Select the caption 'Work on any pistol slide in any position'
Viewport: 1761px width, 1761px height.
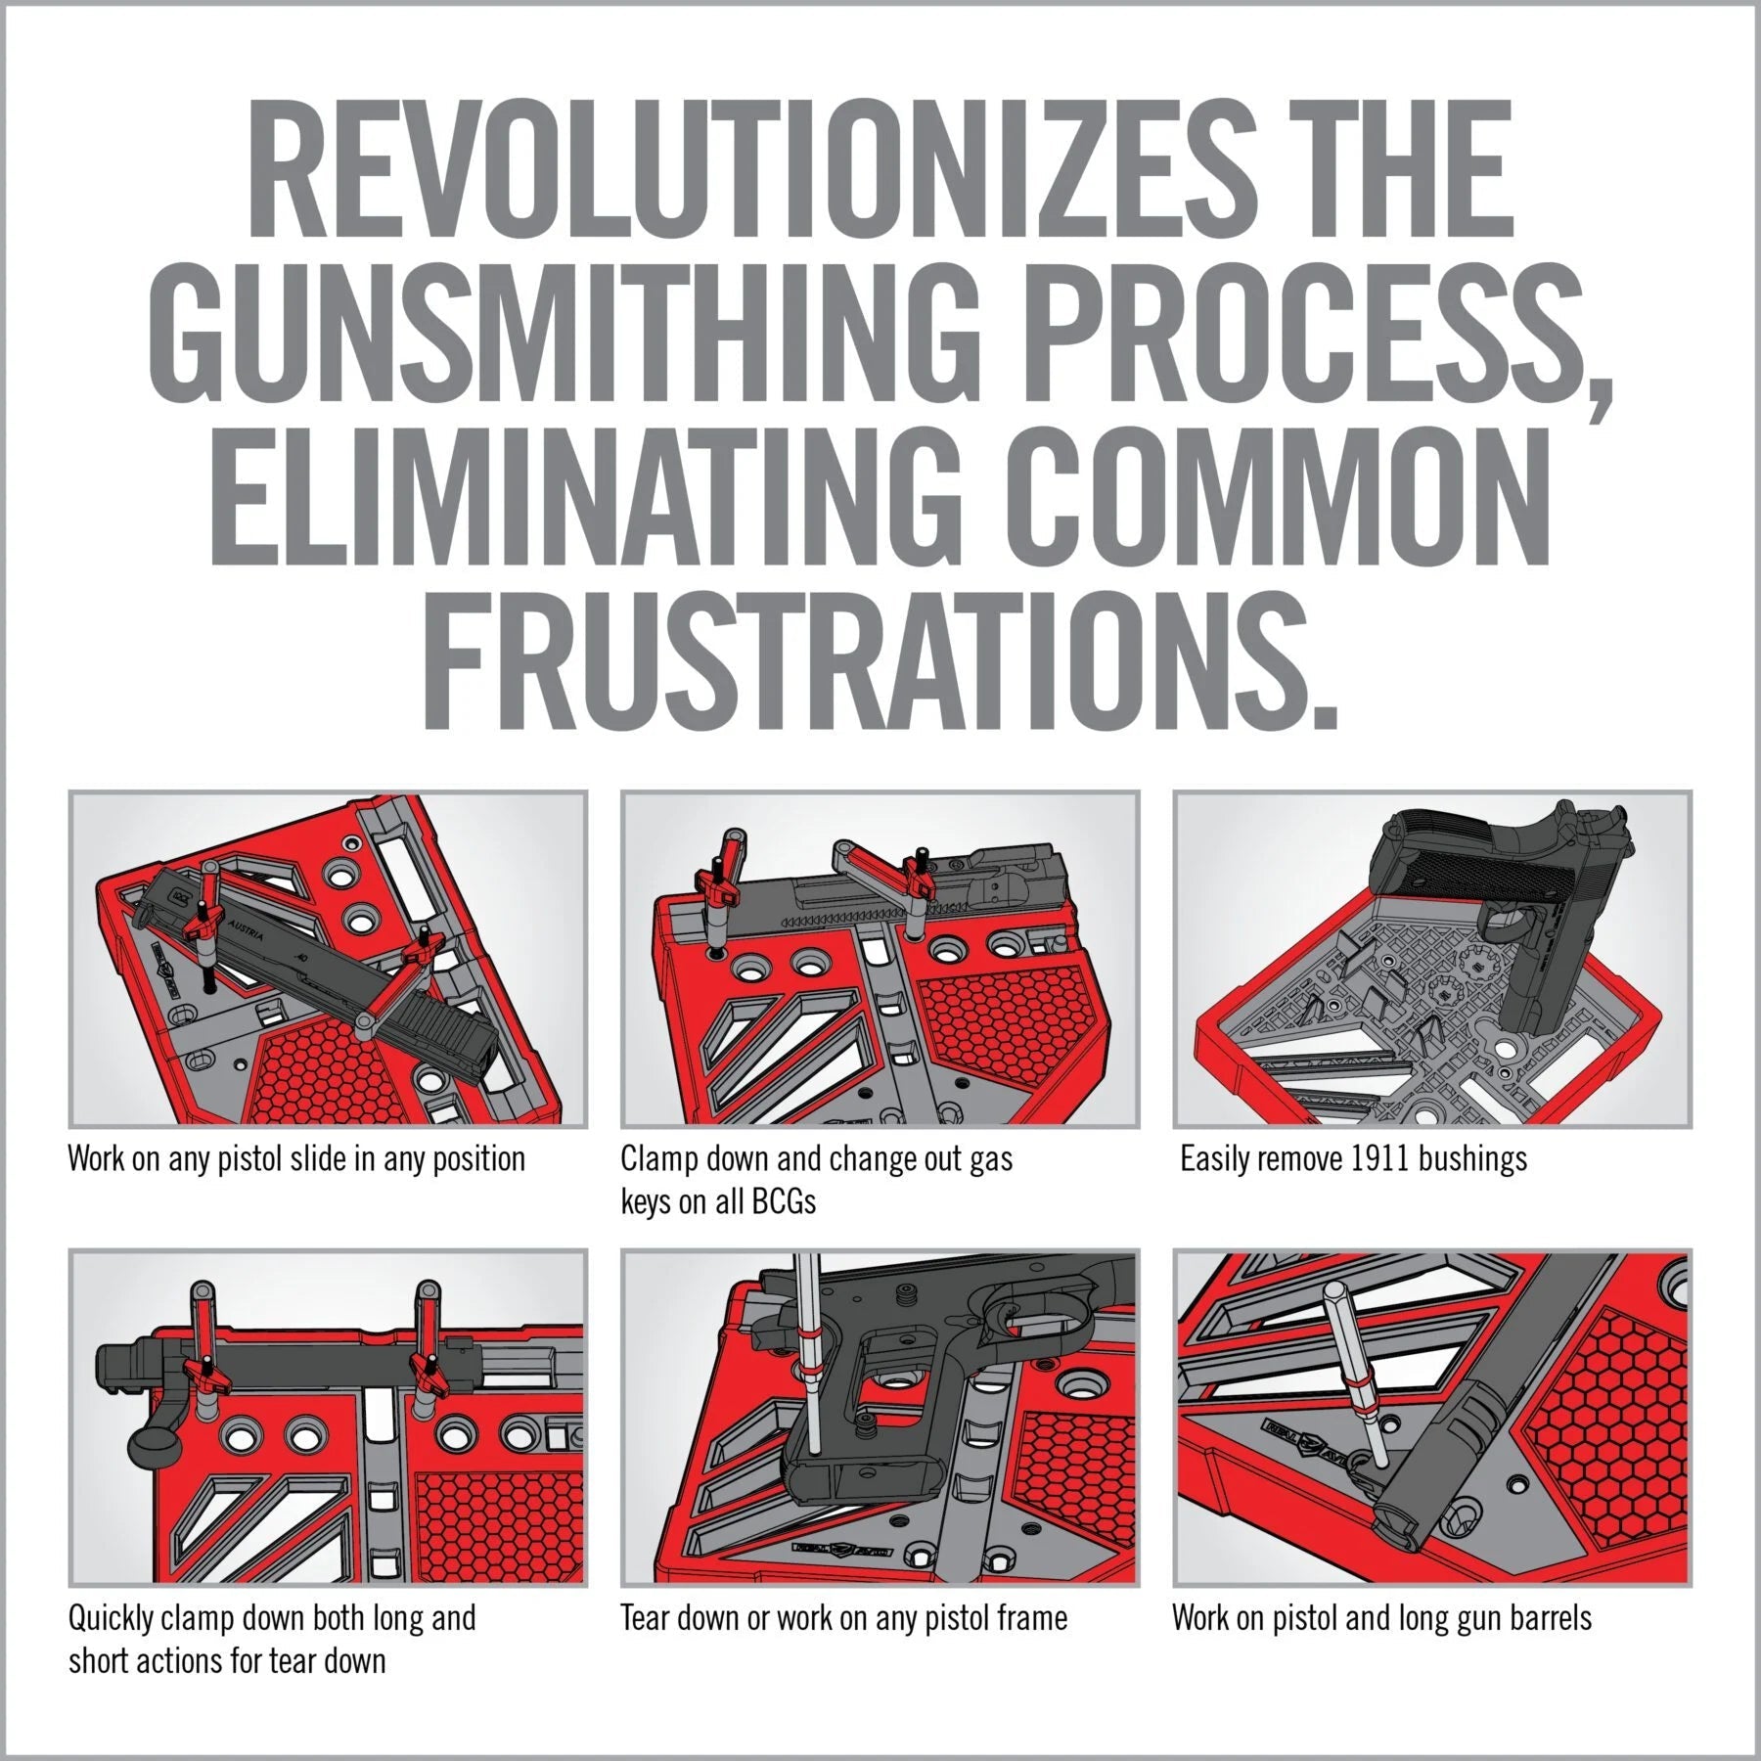pos(295,1159)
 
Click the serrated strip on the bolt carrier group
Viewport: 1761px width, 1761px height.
pos(841,922)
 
